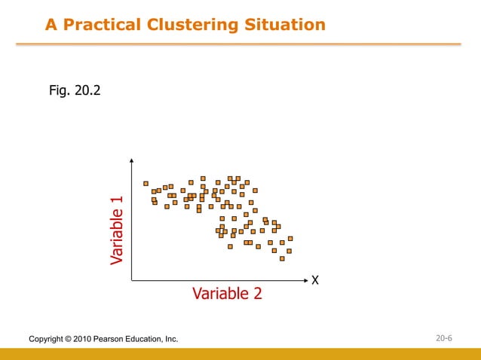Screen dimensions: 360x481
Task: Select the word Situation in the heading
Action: pyautogui.click(x=286, y=25)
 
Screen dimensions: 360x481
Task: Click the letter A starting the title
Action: pyautogui.click(x=51, y=25)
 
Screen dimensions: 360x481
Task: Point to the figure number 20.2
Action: pyautogui.click(x=88, y=91)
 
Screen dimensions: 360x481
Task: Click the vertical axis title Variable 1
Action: pyautogui.click(x=116, y=230)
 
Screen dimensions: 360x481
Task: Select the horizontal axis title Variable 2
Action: pyautogui.click(x=227, y=293)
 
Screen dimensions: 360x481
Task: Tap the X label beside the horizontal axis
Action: pyautogui.click(x=315, y=280)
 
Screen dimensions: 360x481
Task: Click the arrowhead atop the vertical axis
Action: pyautogui.click(x=132, y=160)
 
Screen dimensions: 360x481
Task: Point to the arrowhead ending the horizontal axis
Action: pyautogui.click(x=306, y=280)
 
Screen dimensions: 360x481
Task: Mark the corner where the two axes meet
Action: pyautogui.click(x=132, y=280)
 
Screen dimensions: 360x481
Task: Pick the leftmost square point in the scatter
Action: pyautogui.click(x=146, y=183)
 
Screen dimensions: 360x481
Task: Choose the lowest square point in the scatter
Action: pyautogui.click(x=282, y=258)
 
